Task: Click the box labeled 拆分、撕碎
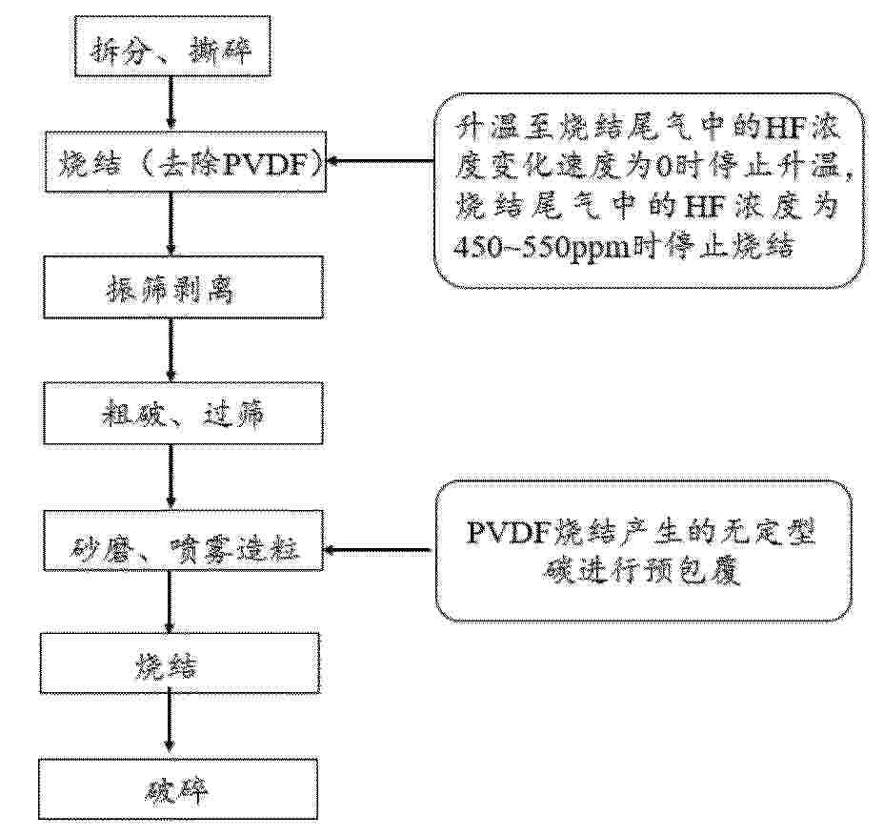(x=172, y=47)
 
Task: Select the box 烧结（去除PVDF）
(x=186, y=162)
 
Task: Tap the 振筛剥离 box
(x=184, y=287)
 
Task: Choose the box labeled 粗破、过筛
(x=184, y=413)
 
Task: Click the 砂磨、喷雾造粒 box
(x=183, y=540)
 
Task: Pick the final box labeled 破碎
(x=178, y=788)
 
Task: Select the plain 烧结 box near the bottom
(x=179, y=663)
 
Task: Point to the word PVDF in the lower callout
(x=508, y=533)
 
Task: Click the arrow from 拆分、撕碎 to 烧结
(x=171, y=104)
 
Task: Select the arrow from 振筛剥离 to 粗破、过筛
(x=171, y=350)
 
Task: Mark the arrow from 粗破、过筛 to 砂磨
(x=171, y=478)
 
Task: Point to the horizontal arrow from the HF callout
(x=382, y=161)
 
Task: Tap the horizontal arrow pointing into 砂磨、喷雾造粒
(x=380, y=549)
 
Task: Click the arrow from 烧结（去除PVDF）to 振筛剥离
(x=171, y=224)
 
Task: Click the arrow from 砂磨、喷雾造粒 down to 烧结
(x=169, y=602)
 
